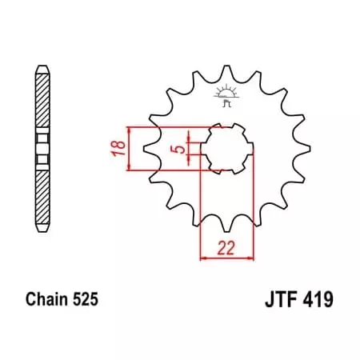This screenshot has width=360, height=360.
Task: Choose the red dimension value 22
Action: (x=226, y=247)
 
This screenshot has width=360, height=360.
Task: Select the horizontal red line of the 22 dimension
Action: (x=226, y=258)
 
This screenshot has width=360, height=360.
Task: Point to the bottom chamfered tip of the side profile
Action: (x=41, y=232)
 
